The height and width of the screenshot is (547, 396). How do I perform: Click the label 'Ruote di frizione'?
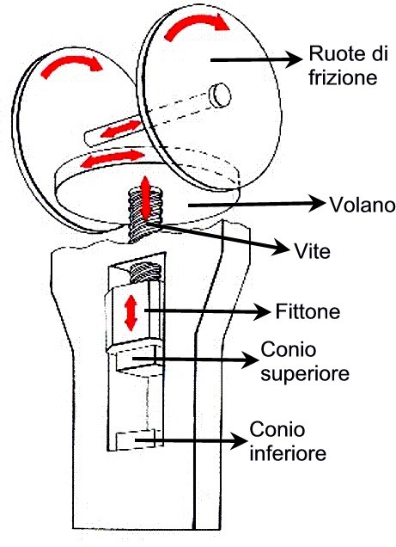[x=348, y=66]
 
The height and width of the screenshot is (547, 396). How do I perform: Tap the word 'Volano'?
[x=362, y=205]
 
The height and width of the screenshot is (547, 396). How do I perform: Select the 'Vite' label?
[x=312, y=250]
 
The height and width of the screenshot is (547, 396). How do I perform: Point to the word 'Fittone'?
[x=308, y=311]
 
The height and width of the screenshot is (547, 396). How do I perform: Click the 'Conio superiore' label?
[x=305, y=361]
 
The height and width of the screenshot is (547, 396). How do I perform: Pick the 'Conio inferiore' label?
[x=288, y=441]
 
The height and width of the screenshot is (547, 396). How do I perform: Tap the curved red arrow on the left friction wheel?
[x=71, y=66]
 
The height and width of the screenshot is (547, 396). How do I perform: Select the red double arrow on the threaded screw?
[x=145, y=198]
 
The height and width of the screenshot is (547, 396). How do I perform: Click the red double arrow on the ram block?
[x=131, y=312]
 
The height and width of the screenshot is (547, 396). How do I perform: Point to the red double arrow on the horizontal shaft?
[x=119, y=129]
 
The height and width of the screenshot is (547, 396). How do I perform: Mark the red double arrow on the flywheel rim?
[x=112, y=157]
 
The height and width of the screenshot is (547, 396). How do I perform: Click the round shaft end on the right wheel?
[x=221, y=95]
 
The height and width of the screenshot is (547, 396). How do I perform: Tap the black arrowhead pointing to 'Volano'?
[x=316, y=204]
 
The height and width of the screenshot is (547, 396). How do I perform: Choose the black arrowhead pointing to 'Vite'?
[x=282, y=248]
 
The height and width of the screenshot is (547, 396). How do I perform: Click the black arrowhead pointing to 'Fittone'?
[x=262, y=311]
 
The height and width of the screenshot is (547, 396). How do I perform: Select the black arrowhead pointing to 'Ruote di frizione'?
[x=295, y=60]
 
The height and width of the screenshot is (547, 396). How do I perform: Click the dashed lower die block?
[x=137, y=440]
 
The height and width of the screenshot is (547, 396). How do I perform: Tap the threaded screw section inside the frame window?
[x=145, y=273]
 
